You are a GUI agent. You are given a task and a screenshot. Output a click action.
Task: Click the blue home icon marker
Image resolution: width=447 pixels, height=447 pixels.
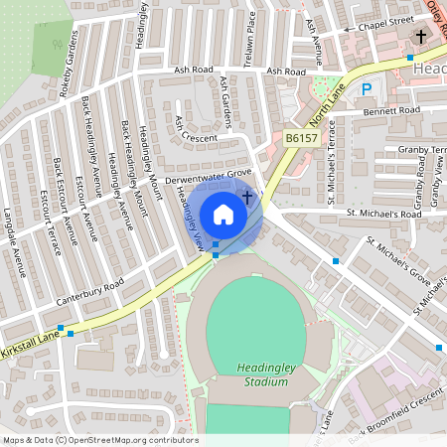(x=223, y=214)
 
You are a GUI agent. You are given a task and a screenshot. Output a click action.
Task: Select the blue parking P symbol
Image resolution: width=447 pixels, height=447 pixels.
(x=367, y=89)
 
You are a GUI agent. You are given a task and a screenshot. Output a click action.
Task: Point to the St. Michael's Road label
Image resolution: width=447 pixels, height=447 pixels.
(x=383, y=214)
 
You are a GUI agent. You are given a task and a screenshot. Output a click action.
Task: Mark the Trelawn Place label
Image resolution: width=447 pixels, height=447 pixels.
(x=252, y=35)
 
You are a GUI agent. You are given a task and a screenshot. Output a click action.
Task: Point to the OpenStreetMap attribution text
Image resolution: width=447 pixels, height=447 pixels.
(x=100, y=439)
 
